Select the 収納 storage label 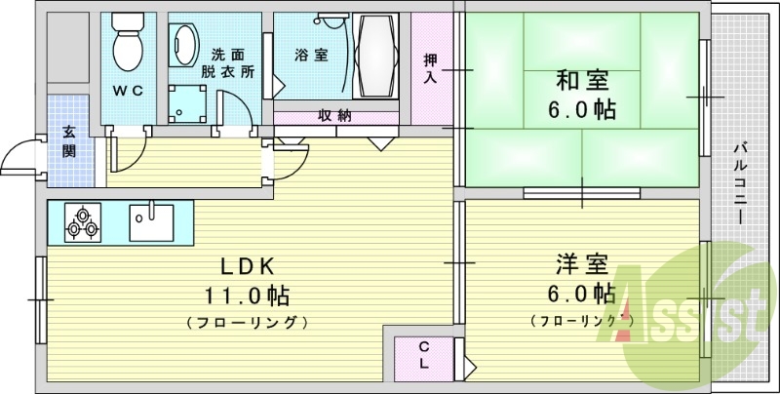(x=334, y=115)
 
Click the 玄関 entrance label (x=70, y=141)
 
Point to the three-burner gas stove (x=84, y=222)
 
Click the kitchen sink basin (x=151, y=222)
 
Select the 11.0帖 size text (x=247, y=295)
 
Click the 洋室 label (x=583, y=263)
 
